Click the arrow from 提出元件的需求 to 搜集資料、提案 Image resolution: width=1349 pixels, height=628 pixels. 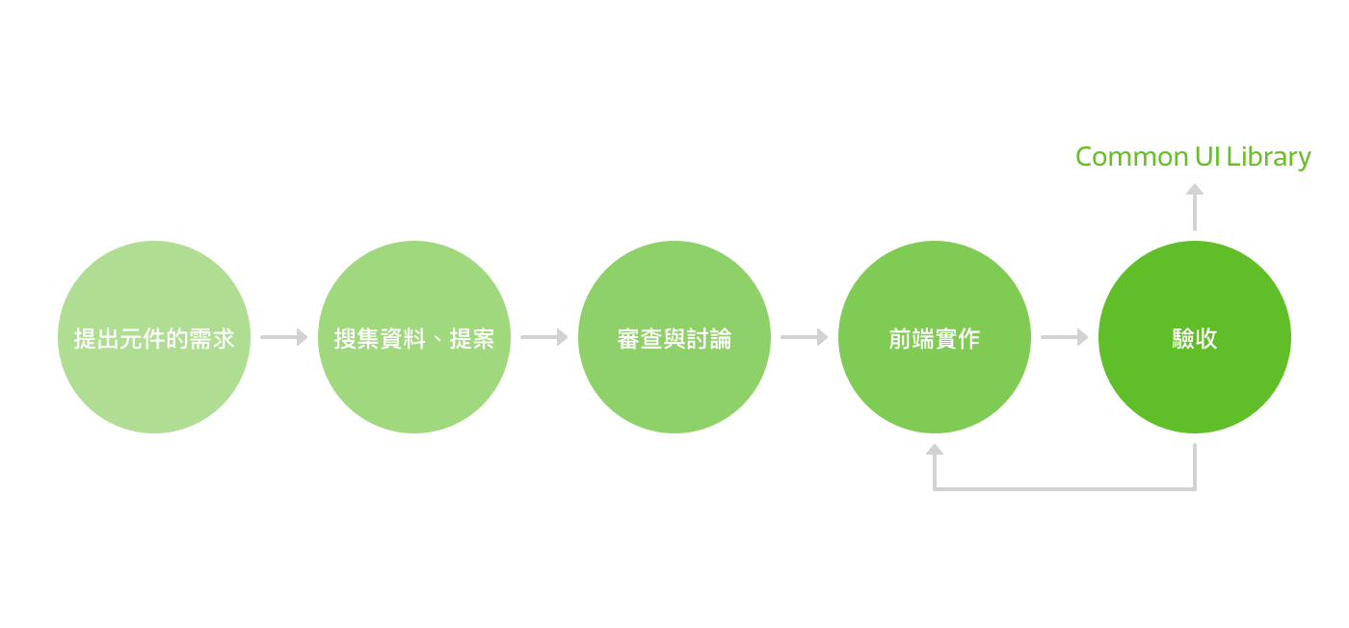pyautogui.click(x=284, y=337)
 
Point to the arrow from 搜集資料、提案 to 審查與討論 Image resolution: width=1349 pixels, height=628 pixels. pyautogui.click(x=544, y=337)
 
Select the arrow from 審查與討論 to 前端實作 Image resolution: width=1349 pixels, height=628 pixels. pyautogui.click(x=805, y=337)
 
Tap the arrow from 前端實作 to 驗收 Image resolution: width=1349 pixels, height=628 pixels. pyautogui.click(x=1065, y=337)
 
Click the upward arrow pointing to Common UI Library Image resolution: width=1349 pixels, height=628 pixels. pyautogui.click(x=1195, y=206)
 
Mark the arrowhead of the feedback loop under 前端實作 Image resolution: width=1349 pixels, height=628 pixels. pyautogui.click(x=935, y=450)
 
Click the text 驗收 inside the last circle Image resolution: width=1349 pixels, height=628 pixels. pyautogui.click(x=1195, y=338)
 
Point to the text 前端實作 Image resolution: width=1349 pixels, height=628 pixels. pyautogui.click(x=935, y=338)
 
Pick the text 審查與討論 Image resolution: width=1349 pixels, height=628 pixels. pyautogui.click(x=674, y=338)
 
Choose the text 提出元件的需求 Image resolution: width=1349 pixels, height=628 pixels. pyautogui.click(x=154, y=338)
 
